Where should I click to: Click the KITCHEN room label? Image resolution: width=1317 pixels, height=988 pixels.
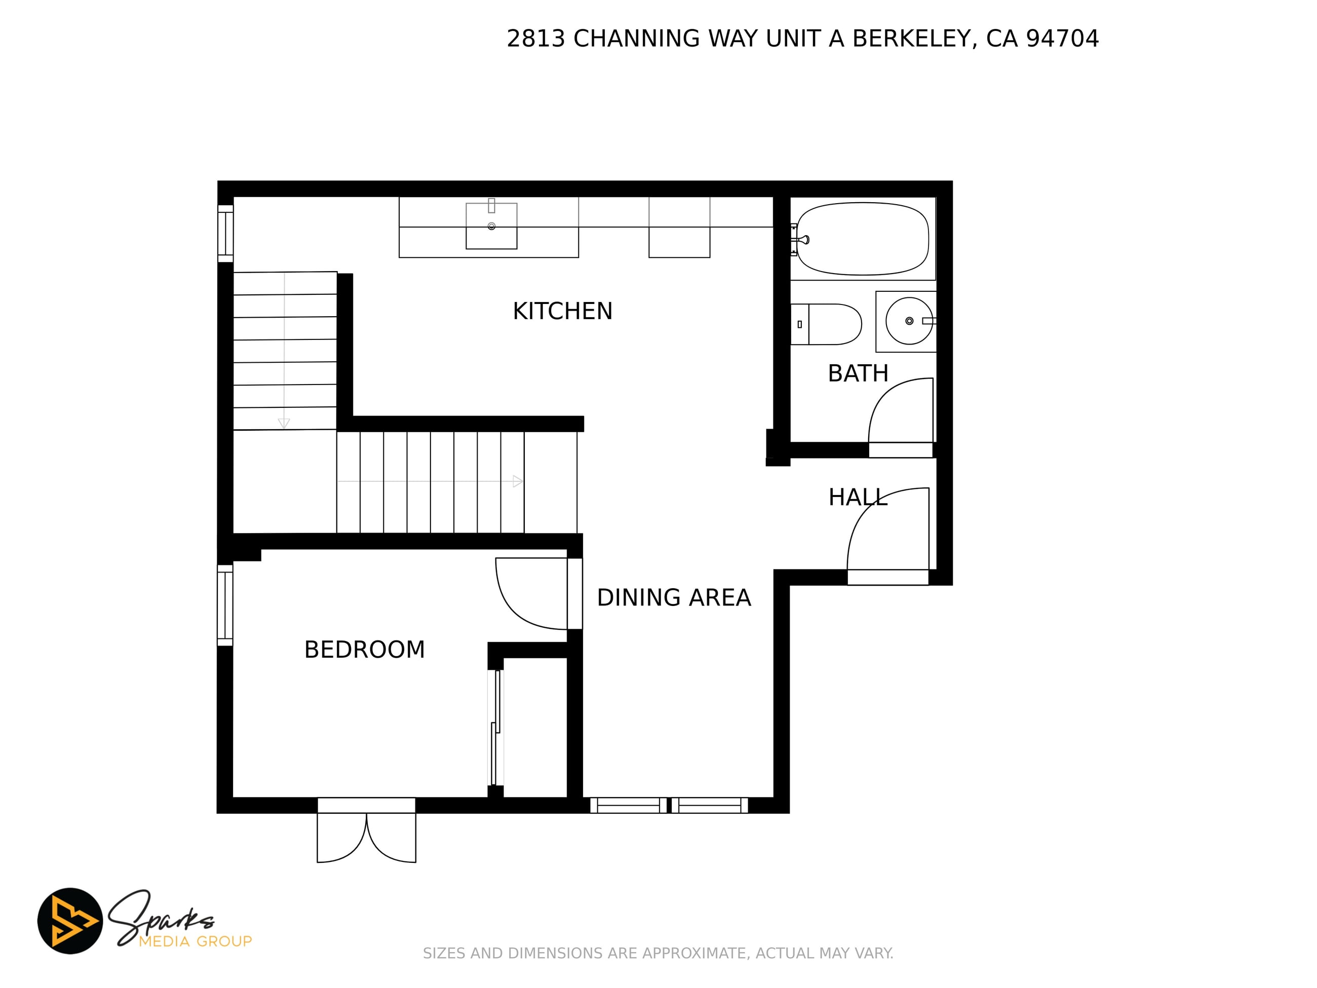click(x=563, y=312)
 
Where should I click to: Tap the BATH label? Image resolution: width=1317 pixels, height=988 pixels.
click(x=858, y=374)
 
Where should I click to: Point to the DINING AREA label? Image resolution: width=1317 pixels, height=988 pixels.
click(x=674, y=598)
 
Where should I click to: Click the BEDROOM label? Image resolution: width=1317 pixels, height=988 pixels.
click(x=364, y=650)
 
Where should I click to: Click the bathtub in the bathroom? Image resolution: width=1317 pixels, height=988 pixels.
click(x=862, y=239)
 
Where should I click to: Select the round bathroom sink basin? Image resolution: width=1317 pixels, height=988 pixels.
click(x=909, y=321)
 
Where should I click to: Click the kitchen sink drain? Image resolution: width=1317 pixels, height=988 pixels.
click(x=491, y=226)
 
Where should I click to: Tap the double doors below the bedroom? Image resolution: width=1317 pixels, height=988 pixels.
click(x=366, y=838)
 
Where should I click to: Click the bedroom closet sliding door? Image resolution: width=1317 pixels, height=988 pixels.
click(x=495, y=727)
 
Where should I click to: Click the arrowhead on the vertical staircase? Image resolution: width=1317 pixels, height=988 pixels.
click(x=284, y=424)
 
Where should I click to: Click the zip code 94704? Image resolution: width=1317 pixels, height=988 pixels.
click(x=1062, y=39)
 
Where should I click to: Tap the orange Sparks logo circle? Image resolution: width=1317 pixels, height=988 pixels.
click(x=70, y=921)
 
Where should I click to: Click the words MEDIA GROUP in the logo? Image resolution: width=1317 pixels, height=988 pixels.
click(x=196, y=941)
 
